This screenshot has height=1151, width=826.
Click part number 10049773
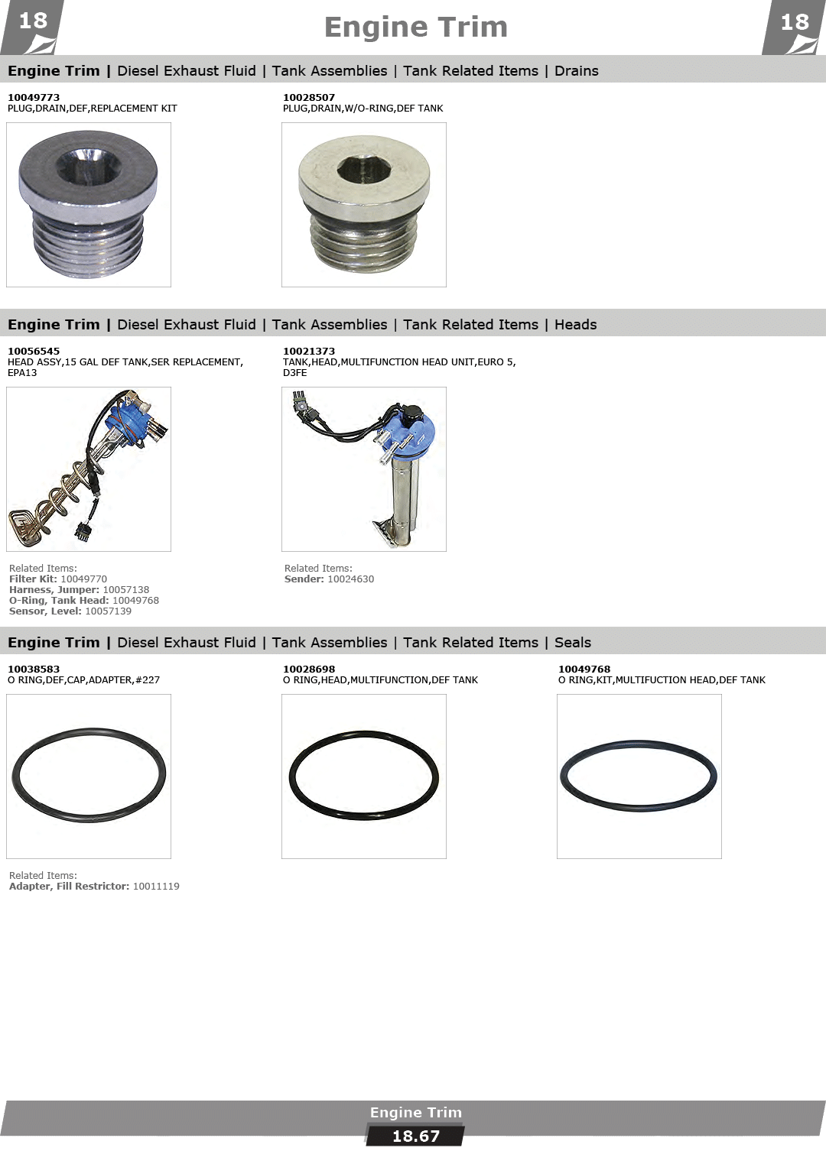click(34, 97)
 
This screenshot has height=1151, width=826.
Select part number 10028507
click(308, 97)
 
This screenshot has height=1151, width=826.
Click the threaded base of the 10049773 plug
click(89, 248)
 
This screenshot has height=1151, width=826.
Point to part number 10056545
click(34, 351)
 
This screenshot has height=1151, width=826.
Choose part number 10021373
click(308, 351)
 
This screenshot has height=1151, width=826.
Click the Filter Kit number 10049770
click(84, 579)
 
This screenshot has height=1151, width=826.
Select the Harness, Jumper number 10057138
click(126, 590)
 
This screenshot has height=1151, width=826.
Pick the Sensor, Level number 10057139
click(108, 611)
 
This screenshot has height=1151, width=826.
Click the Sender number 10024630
click(351, 579)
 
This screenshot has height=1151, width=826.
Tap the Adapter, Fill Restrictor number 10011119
click(156, 887)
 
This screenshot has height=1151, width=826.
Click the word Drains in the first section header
click(576, 71)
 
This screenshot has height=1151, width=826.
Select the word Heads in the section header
click(576, 325)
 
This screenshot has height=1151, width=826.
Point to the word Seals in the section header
click(572, 642)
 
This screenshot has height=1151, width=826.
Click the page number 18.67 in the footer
click(416, 1136)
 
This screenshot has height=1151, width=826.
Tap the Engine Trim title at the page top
click(415, 28)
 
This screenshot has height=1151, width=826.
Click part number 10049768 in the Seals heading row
click(584, 669)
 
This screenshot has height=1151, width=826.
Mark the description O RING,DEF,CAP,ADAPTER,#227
click(84, 679)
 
